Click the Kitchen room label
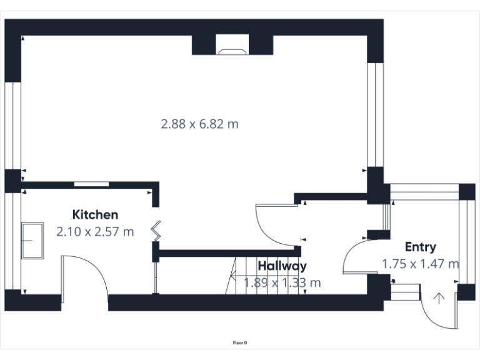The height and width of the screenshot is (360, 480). [95, 214]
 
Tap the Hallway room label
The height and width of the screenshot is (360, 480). [282, 266]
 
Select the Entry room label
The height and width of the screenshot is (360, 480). [420, 246]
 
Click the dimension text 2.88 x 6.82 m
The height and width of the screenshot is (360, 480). [200, 124]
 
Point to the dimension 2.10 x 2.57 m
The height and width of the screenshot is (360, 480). [95, 232]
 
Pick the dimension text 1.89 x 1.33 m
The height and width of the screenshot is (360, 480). [282, 282]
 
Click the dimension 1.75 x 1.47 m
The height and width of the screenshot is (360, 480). [420, 264]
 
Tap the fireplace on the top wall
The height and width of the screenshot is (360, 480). [232, 45]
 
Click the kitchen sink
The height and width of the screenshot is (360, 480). [32, 240]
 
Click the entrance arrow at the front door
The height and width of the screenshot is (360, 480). [439, 298]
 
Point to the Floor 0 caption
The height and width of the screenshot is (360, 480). [240, 342]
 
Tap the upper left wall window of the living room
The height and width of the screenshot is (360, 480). [13, 125]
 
